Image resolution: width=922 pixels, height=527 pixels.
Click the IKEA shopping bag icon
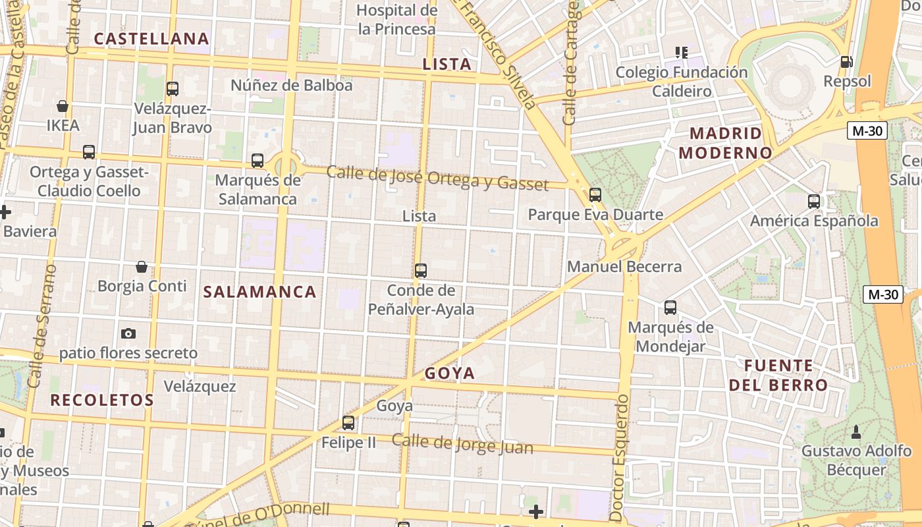click(x=63, y=105)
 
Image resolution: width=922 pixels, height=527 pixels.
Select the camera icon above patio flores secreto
click(x=128, y=334)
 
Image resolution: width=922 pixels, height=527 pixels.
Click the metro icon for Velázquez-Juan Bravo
click(x=173, y=88)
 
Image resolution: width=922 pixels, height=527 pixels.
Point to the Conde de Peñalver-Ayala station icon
click(x=421, y=270)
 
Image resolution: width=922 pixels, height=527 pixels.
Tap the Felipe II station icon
click(x=348, y=423)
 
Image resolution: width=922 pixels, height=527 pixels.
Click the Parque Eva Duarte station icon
click(x=595, y=194)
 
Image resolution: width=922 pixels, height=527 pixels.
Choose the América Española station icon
click(x=814, y=201)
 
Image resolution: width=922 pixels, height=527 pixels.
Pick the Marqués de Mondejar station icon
click(x=670, y=308)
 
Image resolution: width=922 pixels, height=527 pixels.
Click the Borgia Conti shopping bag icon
click(x=142, y=267)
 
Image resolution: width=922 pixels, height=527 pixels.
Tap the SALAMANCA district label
click(x=260, y=292)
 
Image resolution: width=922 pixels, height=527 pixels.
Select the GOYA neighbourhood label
click(x=450, y=374)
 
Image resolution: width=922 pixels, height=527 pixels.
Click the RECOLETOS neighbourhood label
click(x=102, y=400)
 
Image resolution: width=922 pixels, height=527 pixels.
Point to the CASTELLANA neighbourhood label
click(x=151, y=39)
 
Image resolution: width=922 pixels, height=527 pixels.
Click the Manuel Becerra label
click(x=624, y=267)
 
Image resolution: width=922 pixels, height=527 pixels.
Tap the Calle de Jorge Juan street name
click(x=462, y=444)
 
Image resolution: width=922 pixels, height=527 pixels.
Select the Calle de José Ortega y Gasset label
click(x=437, y=178)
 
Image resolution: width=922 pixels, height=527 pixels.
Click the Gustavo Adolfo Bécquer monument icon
click(x=856, y=432)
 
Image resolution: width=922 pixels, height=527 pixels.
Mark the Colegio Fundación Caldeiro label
click(x=682, y=81)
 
